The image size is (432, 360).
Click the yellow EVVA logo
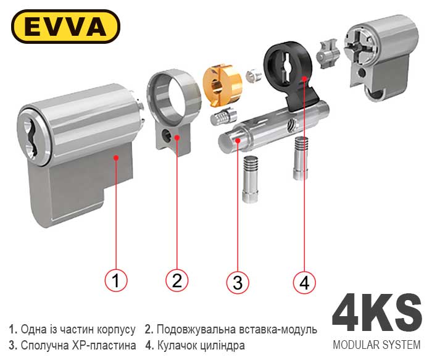(65, 27)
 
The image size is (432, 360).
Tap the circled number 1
(116, 280)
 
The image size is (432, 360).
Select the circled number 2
(177, 280)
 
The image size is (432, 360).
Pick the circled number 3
(238, 282)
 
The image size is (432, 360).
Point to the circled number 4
(304, 282)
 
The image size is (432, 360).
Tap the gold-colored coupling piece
(222, 85)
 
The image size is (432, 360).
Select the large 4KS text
(376, 314)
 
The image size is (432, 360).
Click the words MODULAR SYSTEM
(376, 345)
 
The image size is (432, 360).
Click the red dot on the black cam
(304, 78)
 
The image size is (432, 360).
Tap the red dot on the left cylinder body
(116, 157)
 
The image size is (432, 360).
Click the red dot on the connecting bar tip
(238, 140)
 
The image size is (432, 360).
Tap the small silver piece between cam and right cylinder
(328, 54)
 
